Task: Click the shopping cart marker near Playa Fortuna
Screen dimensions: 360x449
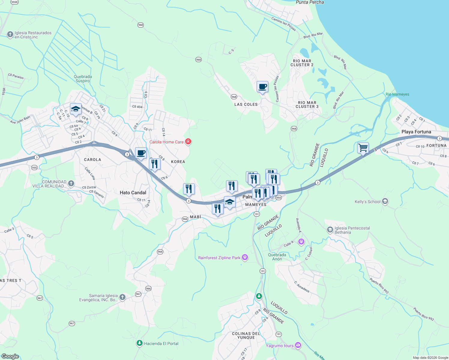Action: click(363, 148)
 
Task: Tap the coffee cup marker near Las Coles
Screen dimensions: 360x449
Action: click(262, 87)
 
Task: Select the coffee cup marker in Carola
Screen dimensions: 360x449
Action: click(141, 153)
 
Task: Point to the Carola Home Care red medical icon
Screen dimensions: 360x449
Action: click(188, 142)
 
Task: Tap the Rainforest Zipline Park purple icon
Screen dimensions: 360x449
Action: click(245, 257)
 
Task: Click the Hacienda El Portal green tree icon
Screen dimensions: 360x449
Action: click(139, 343)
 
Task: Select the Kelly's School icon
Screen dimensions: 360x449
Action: click(385, 201)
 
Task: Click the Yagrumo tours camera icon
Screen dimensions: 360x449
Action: click(298, 345)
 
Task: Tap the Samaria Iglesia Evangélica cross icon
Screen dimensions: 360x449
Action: click(122, 297)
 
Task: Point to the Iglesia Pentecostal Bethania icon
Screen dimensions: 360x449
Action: click(330, 230)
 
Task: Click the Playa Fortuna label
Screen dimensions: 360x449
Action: click(416, 132)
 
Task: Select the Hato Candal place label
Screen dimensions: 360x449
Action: click(133, 193)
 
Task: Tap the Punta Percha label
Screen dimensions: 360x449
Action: click(310, 2)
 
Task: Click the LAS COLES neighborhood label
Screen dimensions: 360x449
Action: click(246, 104)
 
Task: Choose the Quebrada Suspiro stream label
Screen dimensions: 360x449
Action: click(83, 79)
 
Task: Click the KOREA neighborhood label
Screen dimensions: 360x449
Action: click(178, 162)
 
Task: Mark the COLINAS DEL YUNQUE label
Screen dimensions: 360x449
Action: click(246, 335)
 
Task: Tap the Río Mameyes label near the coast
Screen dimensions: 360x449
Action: click(397, 94)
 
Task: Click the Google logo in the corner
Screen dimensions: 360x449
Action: click(10, 356)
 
